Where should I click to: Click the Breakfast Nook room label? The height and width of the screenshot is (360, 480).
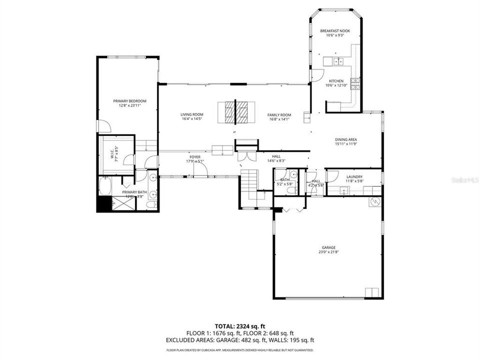[335, 31]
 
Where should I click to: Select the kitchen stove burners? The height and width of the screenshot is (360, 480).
[355, 83]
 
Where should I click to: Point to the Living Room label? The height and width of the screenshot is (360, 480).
[192, 114]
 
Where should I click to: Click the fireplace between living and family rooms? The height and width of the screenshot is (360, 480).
[236, 112]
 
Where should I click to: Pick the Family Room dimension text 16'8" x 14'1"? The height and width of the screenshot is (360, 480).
[279, 119]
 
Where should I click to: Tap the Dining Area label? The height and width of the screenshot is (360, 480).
[346, 139]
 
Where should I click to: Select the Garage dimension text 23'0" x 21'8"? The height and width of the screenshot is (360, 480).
[328, 251]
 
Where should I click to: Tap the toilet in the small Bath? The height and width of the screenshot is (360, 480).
[294, 175]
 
